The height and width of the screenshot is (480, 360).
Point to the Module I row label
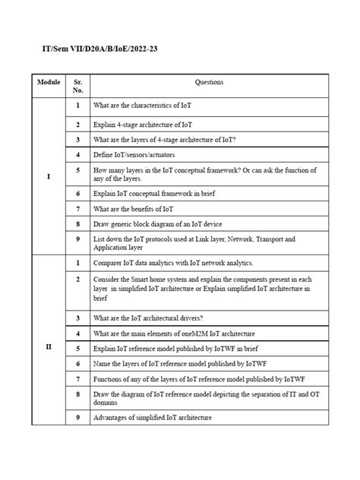(x=49, y=176)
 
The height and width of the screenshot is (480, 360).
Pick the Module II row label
(x=49, y=346)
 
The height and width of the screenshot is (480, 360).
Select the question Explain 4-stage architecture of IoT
(x=143, y=123)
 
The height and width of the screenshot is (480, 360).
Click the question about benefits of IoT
(x=134, y=208)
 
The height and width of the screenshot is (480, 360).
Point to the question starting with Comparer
(x=173, y=263)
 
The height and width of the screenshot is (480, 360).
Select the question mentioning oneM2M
(x=174, y=333)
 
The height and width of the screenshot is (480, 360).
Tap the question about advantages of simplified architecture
(x=153, y=418)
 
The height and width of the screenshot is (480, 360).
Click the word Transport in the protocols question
(x=270, y=239)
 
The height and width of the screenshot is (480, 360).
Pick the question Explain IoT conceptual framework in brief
(x=154, y=193)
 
